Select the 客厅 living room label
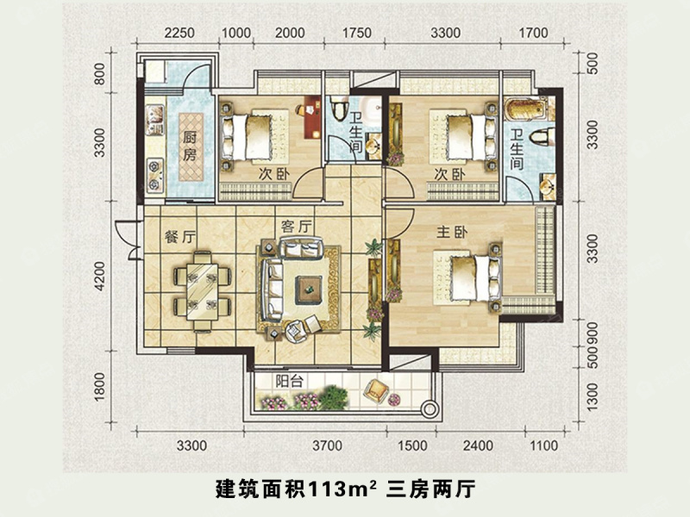pyautogui.click(x=296, y=226)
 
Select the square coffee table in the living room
pyautogui.click(x=307, y=287)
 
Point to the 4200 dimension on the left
pyautogui.click(x=101, y=281)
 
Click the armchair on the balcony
pyautogui.click(x=377, y=390)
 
